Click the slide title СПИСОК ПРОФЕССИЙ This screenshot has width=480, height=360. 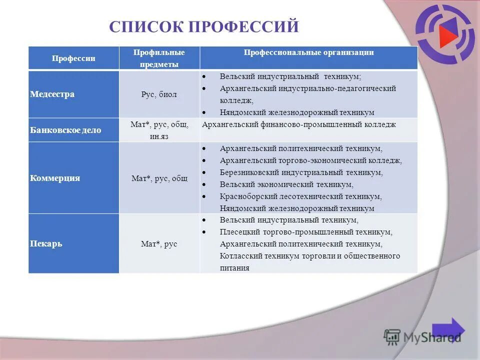pos(203,26)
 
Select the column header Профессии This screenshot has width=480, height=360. pos(73,58)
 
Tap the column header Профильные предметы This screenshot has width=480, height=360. pos(159,58)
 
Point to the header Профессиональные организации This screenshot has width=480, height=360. pos(308,52)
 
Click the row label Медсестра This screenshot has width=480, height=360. pos(52,94)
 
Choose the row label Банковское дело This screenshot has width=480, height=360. pos(65,130)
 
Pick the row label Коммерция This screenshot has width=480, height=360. pos(55,178)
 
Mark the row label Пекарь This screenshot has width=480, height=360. pos(46,244)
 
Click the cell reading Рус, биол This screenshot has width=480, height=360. pos(159,94)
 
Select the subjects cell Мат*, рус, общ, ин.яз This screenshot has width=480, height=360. pos(159,130)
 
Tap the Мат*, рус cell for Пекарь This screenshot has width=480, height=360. pos(159,244)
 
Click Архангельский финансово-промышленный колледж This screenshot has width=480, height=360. pos(298,124)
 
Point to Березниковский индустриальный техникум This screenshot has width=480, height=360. pos(301,172)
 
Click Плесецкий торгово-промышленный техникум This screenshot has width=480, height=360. pos(306,232)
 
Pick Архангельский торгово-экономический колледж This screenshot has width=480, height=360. pos(310,160)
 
